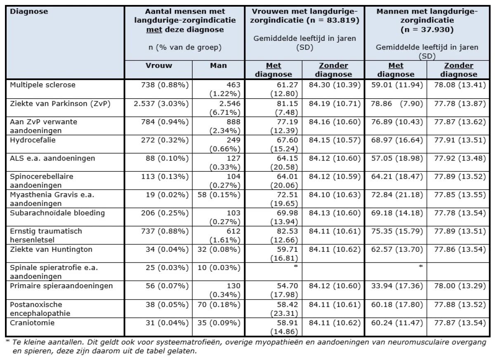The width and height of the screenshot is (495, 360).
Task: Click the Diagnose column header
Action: click(29, 12)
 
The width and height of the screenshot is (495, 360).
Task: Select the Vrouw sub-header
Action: click(159, 66)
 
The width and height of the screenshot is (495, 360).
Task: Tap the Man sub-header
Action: click(218, 66)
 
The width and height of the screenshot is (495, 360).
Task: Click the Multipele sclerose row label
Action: click(42, 85)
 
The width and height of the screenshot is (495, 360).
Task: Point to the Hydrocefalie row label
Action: click(33, 140)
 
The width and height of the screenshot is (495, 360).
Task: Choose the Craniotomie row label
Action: click(32, 323)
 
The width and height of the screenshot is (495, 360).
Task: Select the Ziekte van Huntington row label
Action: click(51, 249)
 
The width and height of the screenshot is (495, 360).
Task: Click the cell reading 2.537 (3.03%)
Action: click(161, 104)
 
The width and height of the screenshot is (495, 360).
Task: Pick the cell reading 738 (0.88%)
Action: click(165, 85)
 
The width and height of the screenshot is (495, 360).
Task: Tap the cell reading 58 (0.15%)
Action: click(219, 195)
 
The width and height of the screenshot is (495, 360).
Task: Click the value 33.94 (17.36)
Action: click(397, 286)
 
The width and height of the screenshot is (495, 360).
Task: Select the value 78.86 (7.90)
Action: click(397, 104)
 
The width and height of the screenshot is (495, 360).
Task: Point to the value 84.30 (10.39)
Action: click(335, 85)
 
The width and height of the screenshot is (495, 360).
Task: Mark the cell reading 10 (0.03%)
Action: click(219, 268)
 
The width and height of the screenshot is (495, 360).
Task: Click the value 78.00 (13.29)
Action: click(460, 286)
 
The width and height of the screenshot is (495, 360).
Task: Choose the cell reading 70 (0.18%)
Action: click(219, 305)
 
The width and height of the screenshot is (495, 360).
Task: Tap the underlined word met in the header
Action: click(154, 30)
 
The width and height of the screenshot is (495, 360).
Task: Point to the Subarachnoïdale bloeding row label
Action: click(57, 213)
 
